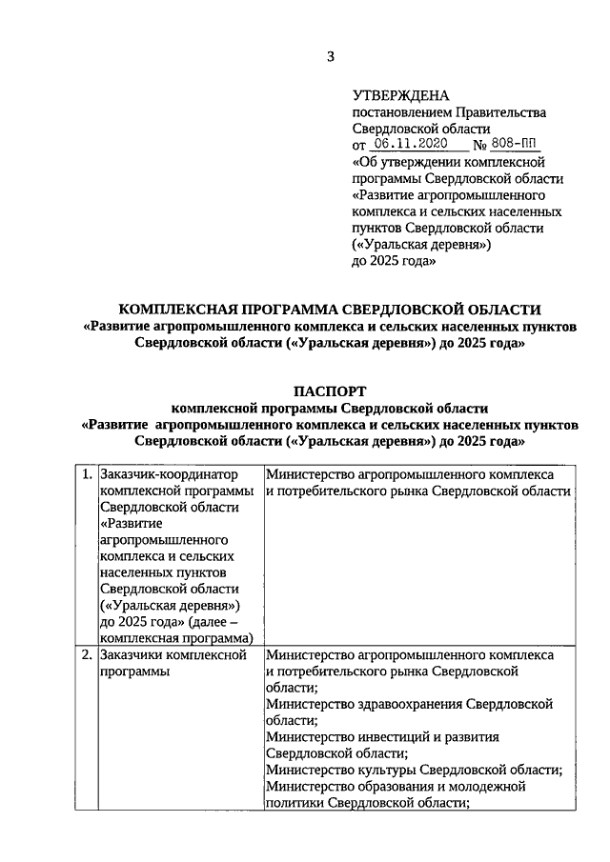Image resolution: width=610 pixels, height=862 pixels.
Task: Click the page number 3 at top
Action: click(x=331, y=56)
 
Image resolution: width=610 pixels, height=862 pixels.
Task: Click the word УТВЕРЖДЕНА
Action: click(x=400, y=95)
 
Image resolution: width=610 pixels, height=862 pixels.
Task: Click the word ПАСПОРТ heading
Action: click(x=329, y=392)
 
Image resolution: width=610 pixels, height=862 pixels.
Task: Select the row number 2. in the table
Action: click(x=86, y=655)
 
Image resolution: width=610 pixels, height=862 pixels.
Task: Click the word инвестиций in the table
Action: click(x=402, y=736)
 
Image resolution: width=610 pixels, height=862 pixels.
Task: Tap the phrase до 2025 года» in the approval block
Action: click(x=394, y=260)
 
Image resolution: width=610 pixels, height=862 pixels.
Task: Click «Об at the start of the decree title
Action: click(x=364, y=162)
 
